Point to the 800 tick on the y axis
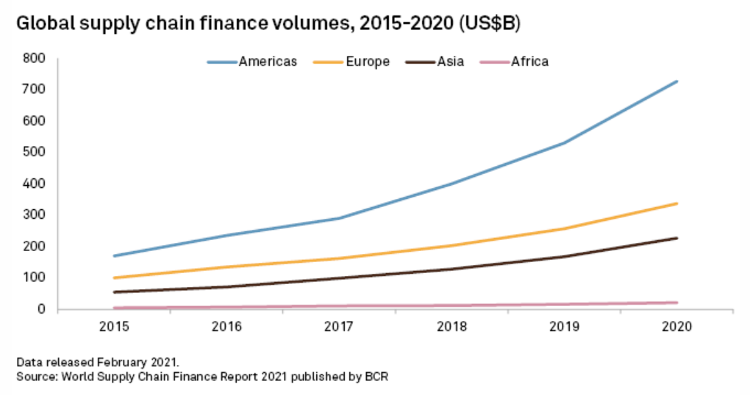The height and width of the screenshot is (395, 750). (x=35, y=58)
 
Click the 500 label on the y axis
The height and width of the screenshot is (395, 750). (x=35, y=152)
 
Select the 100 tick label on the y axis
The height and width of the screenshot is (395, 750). (x=35, y=278)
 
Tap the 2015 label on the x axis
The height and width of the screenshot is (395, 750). (x=115, y=327)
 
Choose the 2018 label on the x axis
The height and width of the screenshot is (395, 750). (x=451, y=327)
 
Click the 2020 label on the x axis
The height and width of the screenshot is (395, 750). (x=676, y=327)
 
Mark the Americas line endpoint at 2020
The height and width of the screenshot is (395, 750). (x=676, y=81)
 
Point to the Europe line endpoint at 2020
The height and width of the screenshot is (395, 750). (x=676, y=203)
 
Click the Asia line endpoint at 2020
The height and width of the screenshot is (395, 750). (x=676, y=238)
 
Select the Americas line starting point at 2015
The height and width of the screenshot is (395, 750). (x=115, y=256)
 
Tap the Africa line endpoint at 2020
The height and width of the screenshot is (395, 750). (x=676, y=302)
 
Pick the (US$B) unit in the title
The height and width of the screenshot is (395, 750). (x=490, y=24)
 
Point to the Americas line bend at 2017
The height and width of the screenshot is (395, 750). (x=340, y=218)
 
